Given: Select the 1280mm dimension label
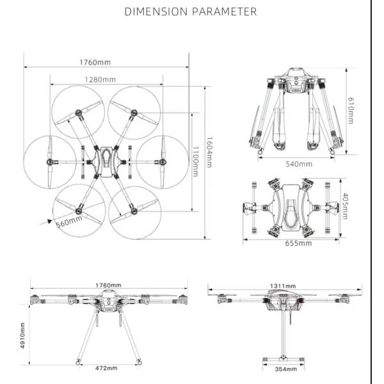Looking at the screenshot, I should pos(100,79).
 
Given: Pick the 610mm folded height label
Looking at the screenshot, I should pos(350,110).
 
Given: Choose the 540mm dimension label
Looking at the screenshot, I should pos(299,164).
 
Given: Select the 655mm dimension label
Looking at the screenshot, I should pos(298,243).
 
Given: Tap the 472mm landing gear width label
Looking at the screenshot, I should pos(107,368).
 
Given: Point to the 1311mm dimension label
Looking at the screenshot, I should pos(283,285).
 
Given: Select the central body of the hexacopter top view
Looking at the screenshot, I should pos(106,160).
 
